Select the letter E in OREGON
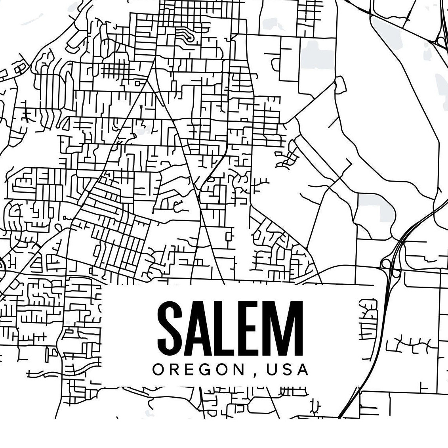click(191, 370)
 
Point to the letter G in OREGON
click(208, 370)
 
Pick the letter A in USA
click(303, 370)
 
